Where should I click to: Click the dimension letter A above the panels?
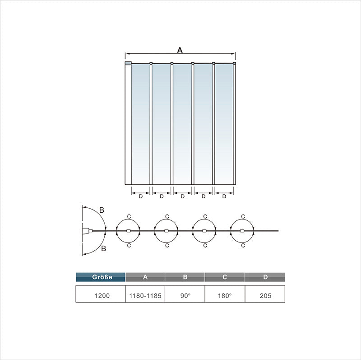pos(180,50)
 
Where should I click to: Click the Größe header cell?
pos(101,277)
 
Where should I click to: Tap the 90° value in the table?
pos(185,295)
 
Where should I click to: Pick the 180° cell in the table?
pos(225,295)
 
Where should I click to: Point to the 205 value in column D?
pos(265,295)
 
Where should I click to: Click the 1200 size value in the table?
pos(102,295)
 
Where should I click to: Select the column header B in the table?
pos(185,277)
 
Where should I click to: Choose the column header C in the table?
pos(225,277)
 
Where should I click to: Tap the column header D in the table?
pos(265,277)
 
